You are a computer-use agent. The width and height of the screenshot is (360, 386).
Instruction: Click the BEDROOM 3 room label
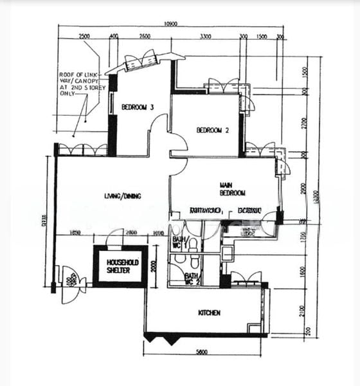click(x=138, y=107)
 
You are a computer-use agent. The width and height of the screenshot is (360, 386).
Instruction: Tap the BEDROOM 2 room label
click(x=213, y=130)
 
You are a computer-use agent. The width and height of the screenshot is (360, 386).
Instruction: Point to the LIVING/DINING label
click(x=123, y=196)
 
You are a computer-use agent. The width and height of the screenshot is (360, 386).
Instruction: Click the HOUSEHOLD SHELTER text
click(x=119, y=266)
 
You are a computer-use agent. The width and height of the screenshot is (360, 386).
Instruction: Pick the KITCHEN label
click(x=210, y=313)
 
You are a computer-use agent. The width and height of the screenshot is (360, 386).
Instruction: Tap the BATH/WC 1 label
click(x=177, y=243)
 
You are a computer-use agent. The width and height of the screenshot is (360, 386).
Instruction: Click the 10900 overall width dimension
click(x=170, y=24)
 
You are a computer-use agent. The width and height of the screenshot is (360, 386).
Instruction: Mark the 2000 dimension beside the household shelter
click(x=154, y=266)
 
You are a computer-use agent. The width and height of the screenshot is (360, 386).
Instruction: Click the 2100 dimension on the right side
click(x=302, y=311)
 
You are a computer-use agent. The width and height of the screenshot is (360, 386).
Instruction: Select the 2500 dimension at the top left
click(x=84, y=37)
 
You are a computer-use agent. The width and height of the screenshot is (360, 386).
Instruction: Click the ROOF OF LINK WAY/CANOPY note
click(x=80, y=84)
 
